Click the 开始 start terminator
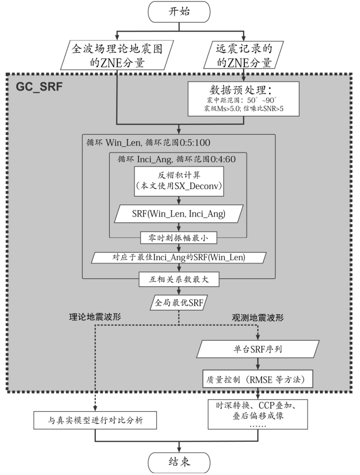[x=180, y=12]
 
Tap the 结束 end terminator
[x=180, y=463]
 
